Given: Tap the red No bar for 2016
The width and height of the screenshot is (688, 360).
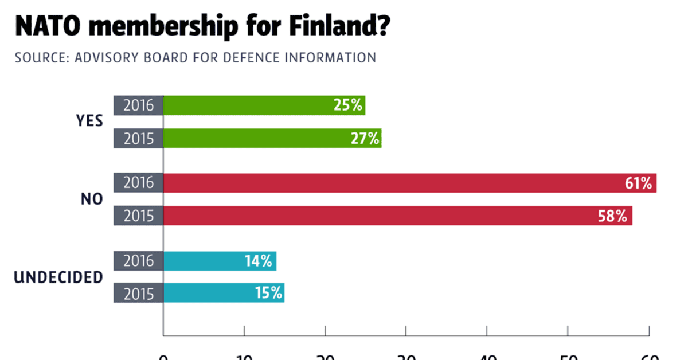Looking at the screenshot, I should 390,183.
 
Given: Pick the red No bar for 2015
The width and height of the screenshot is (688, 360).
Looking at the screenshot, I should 378,216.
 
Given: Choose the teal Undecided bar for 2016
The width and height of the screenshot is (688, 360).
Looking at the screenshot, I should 201,261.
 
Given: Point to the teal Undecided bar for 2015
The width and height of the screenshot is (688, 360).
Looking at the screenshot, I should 206,293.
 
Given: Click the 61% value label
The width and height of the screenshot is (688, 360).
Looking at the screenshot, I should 638,183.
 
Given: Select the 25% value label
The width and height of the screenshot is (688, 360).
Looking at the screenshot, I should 347,105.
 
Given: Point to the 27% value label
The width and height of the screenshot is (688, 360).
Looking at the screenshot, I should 364,138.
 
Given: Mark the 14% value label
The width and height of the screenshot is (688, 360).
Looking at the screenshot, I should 258,261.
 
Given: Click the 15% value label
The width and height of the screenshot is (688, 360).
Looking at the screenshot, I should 268,293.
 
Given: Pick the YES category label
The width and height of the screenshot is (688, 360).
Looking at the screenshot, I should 89,122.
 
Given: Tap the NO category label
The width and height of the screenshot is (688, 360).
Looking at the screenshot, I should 92,199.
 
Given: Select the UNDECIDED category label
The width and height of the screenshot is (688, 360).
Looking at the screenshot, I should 58,277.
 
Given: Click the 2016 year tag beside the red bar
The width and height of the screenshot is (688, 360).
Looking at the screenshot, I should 138,183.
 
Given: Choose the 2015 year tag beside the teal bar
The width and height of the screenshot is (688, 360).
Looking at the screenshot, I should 138,293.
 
